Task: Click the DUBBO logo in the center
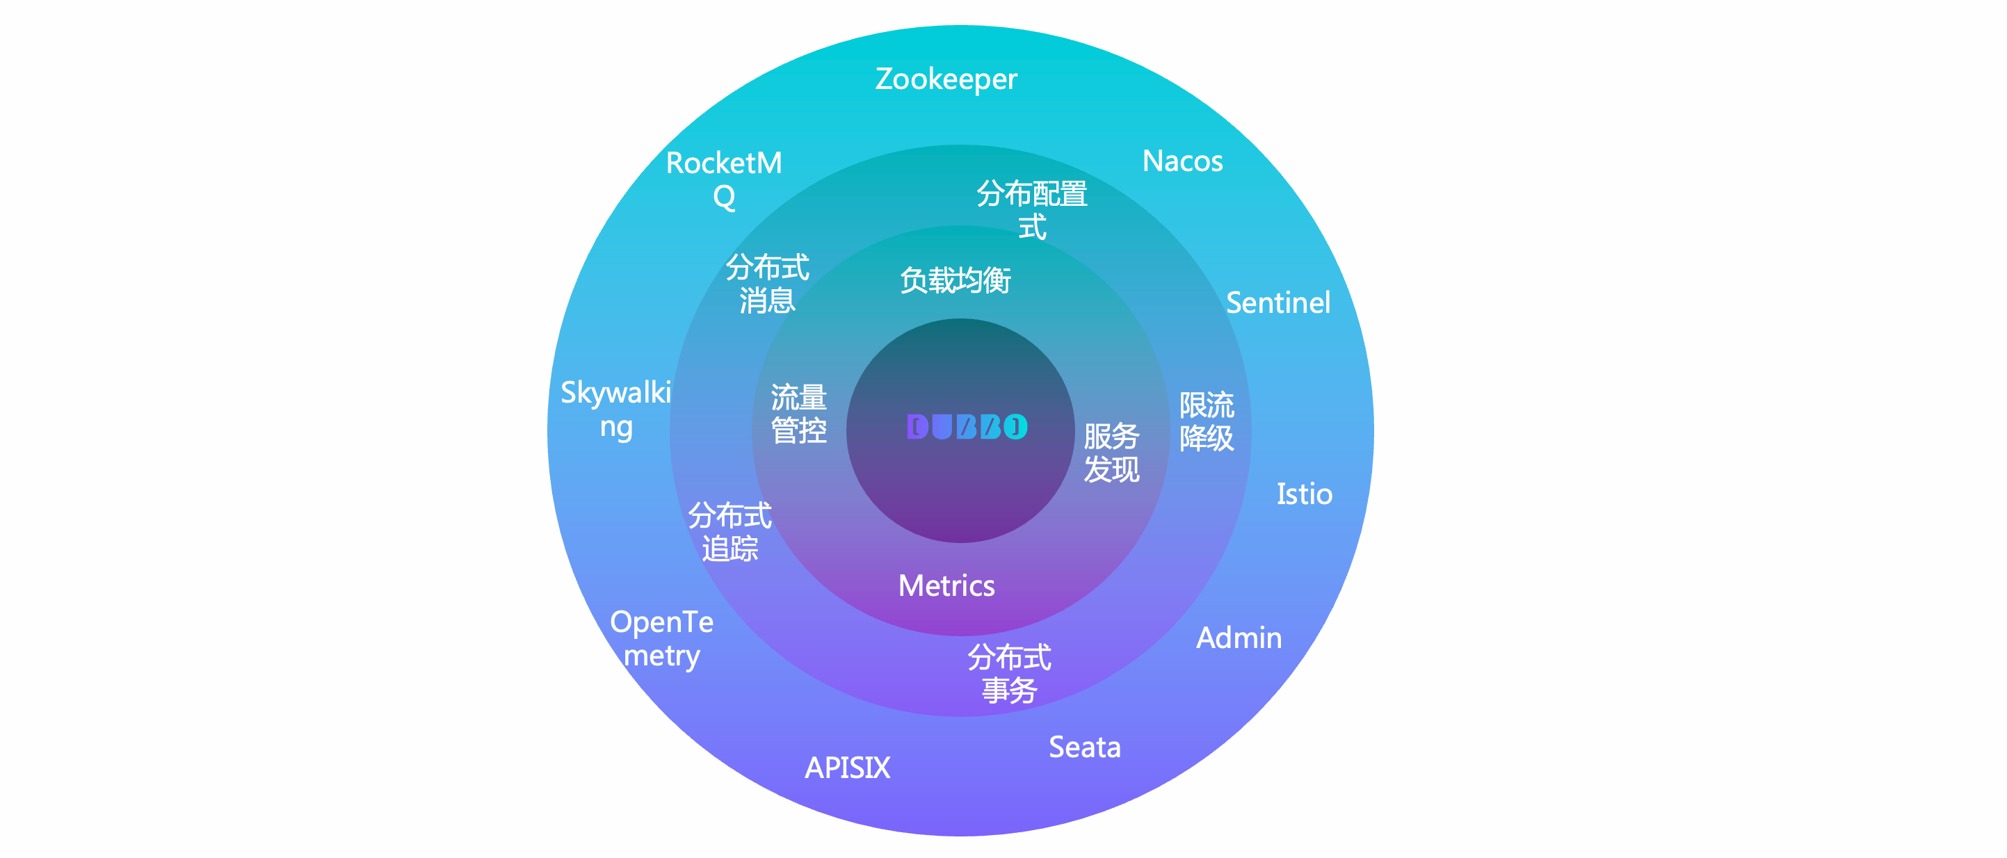967,426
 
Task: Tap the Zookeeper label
946,79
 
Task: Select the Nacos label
1182,161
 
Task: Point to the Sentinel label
1277,303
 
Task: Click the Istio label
1304,494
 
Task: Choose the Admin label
1239,638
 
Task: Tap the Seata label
1085,747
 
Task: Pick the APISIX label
847,768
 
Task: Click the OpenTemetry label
661,638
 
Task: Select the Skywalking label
615,409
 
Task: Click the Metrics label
946,586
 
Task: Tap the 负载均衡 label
956,280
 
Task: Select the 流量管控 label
798,414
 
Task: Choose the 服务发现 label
1112,453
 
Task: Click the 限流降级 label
1206,421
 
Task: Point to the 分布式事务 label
1010,674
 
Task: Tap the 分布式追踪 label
730,531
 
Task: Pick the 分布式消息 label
768,284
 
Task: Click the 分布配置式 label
1032,209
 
